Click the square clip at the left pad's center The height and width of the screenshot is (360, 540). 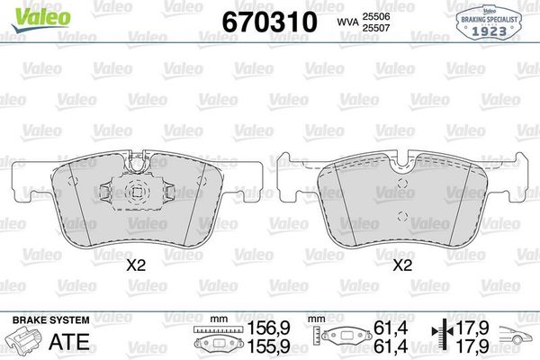(137, 192)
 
